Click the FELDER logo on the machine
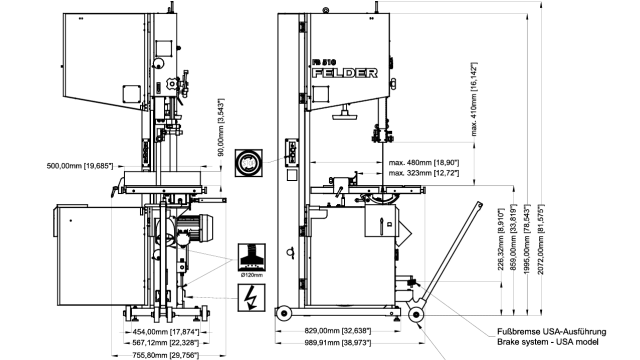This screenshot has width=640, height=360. pyautogui.click(x=345, y=73)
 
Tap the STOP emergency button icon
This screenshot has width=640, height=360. pyautogui.click(x=248, y=163)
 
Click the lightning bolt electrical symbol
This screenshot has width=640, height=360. pyautogui.click(x=251, y=297)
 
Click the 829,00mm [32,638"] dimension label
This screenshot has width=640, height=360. pyautogui.click(x=337, y=331)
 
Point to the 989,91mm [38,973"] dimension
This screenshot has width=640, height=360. pyautogui.click(x=337, y=342)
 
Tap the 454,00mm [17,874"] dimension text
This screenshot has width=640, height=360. pyautogui.click(x=165, y=332)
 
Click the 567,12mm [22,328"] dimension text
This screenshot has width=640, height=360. pyautogui.click(x=165, y=342)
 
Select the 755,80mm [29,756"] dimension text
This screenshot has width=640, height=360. pyautogui.click(x=165, y=355)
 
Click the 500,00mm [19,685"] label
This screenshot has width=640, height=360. pyautogui.click(x=80, y=166)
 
